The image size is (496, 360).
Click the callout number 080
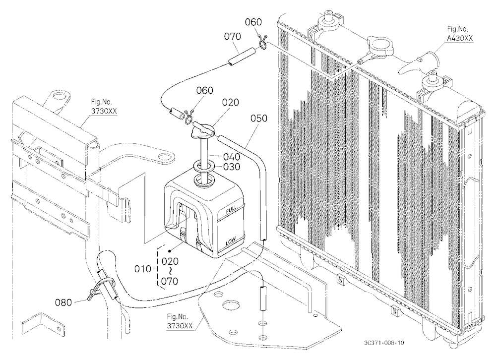(x=63, y=303)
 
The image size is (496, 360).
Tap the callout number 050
(x=259, y=119)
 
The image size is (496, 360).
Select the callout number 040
(x=232, y=157)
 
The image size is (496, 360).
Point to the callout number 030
(x=232, y=167)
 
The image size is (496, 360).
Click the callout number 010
(x=143, y=269)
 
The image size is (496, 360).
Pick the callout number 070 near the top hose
(x=233, y=36)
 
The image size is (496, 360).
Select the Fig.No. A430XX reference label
(x=460, y=34)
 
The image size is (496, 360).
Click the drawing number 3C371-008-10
(x=384, y=343)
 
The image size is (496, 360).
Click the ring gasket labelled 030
(x=203, y=167)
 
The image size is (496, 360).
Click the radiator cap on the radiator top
(x=378, y=46)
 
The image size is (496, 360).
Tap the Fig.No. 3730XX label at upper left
(x=102, y=107)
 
